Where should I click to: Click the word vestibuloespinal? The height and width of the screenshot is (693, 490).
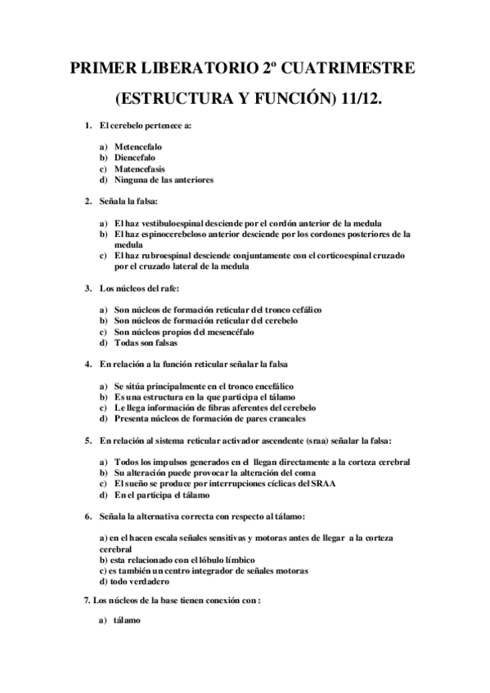point(174,222)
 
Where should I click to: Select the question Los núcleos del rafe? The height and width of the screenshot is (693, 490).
point(138,288)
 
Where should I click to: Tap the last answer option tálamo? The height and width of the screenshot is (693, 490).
point(127,620)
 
